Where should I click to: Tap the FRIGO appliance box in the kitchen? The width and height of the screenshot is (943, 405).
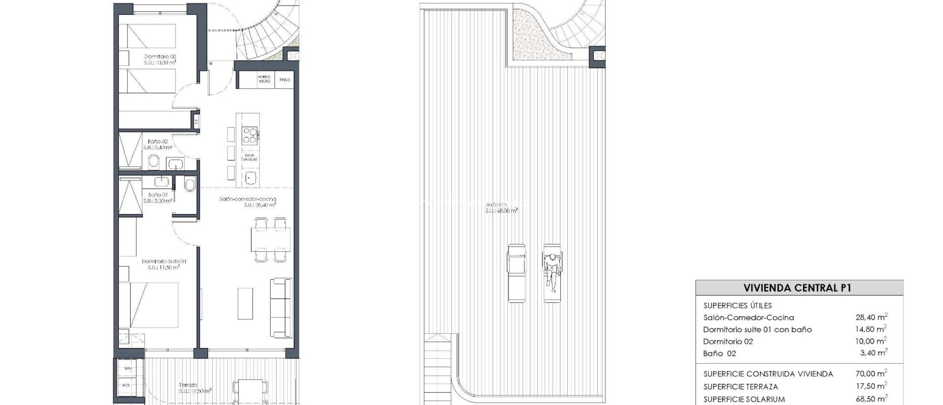tap(285, 80)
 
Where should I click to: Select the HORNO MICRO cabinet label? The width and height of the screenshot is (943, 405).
tap(264, 79)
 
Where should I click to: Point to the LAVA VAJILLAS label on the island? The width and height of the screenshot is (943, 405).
tap(250, 157)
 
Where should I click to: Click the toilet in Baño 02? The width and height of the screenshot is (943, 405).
tap(154, 162)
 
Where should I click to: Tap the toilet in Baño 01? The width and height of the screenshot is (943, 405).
tap(189, 185)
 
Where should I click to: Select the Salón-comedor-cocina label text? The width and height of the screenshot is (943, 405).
tap(248, 199)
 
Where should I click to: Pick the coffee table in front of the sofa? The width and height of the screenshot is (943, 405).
tap(245, 303)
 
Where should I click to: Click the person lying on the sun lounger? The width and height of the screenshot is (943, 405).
tap(552, 272)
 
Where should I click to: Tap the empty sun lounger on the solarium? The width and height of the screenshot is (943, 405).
tap(517, 272)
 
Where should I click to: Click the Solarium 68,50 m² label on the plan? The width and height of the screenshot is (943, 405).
tap(501, 207)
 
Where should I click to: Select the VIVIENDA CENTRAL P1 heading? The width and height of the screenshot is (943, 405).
tap(797, 288)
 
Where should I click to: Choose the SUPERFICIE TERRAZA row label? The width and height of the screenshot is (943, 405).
tap(740, 387)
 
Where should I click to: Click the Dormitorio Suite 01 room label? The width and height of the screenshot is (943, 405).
tap(164, 264)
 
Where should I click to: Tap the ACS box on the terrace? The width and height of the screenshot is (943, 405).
tap(126, 385)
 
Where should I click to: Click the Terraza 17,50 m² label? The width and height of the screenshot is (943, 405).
tap(195, 388)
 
